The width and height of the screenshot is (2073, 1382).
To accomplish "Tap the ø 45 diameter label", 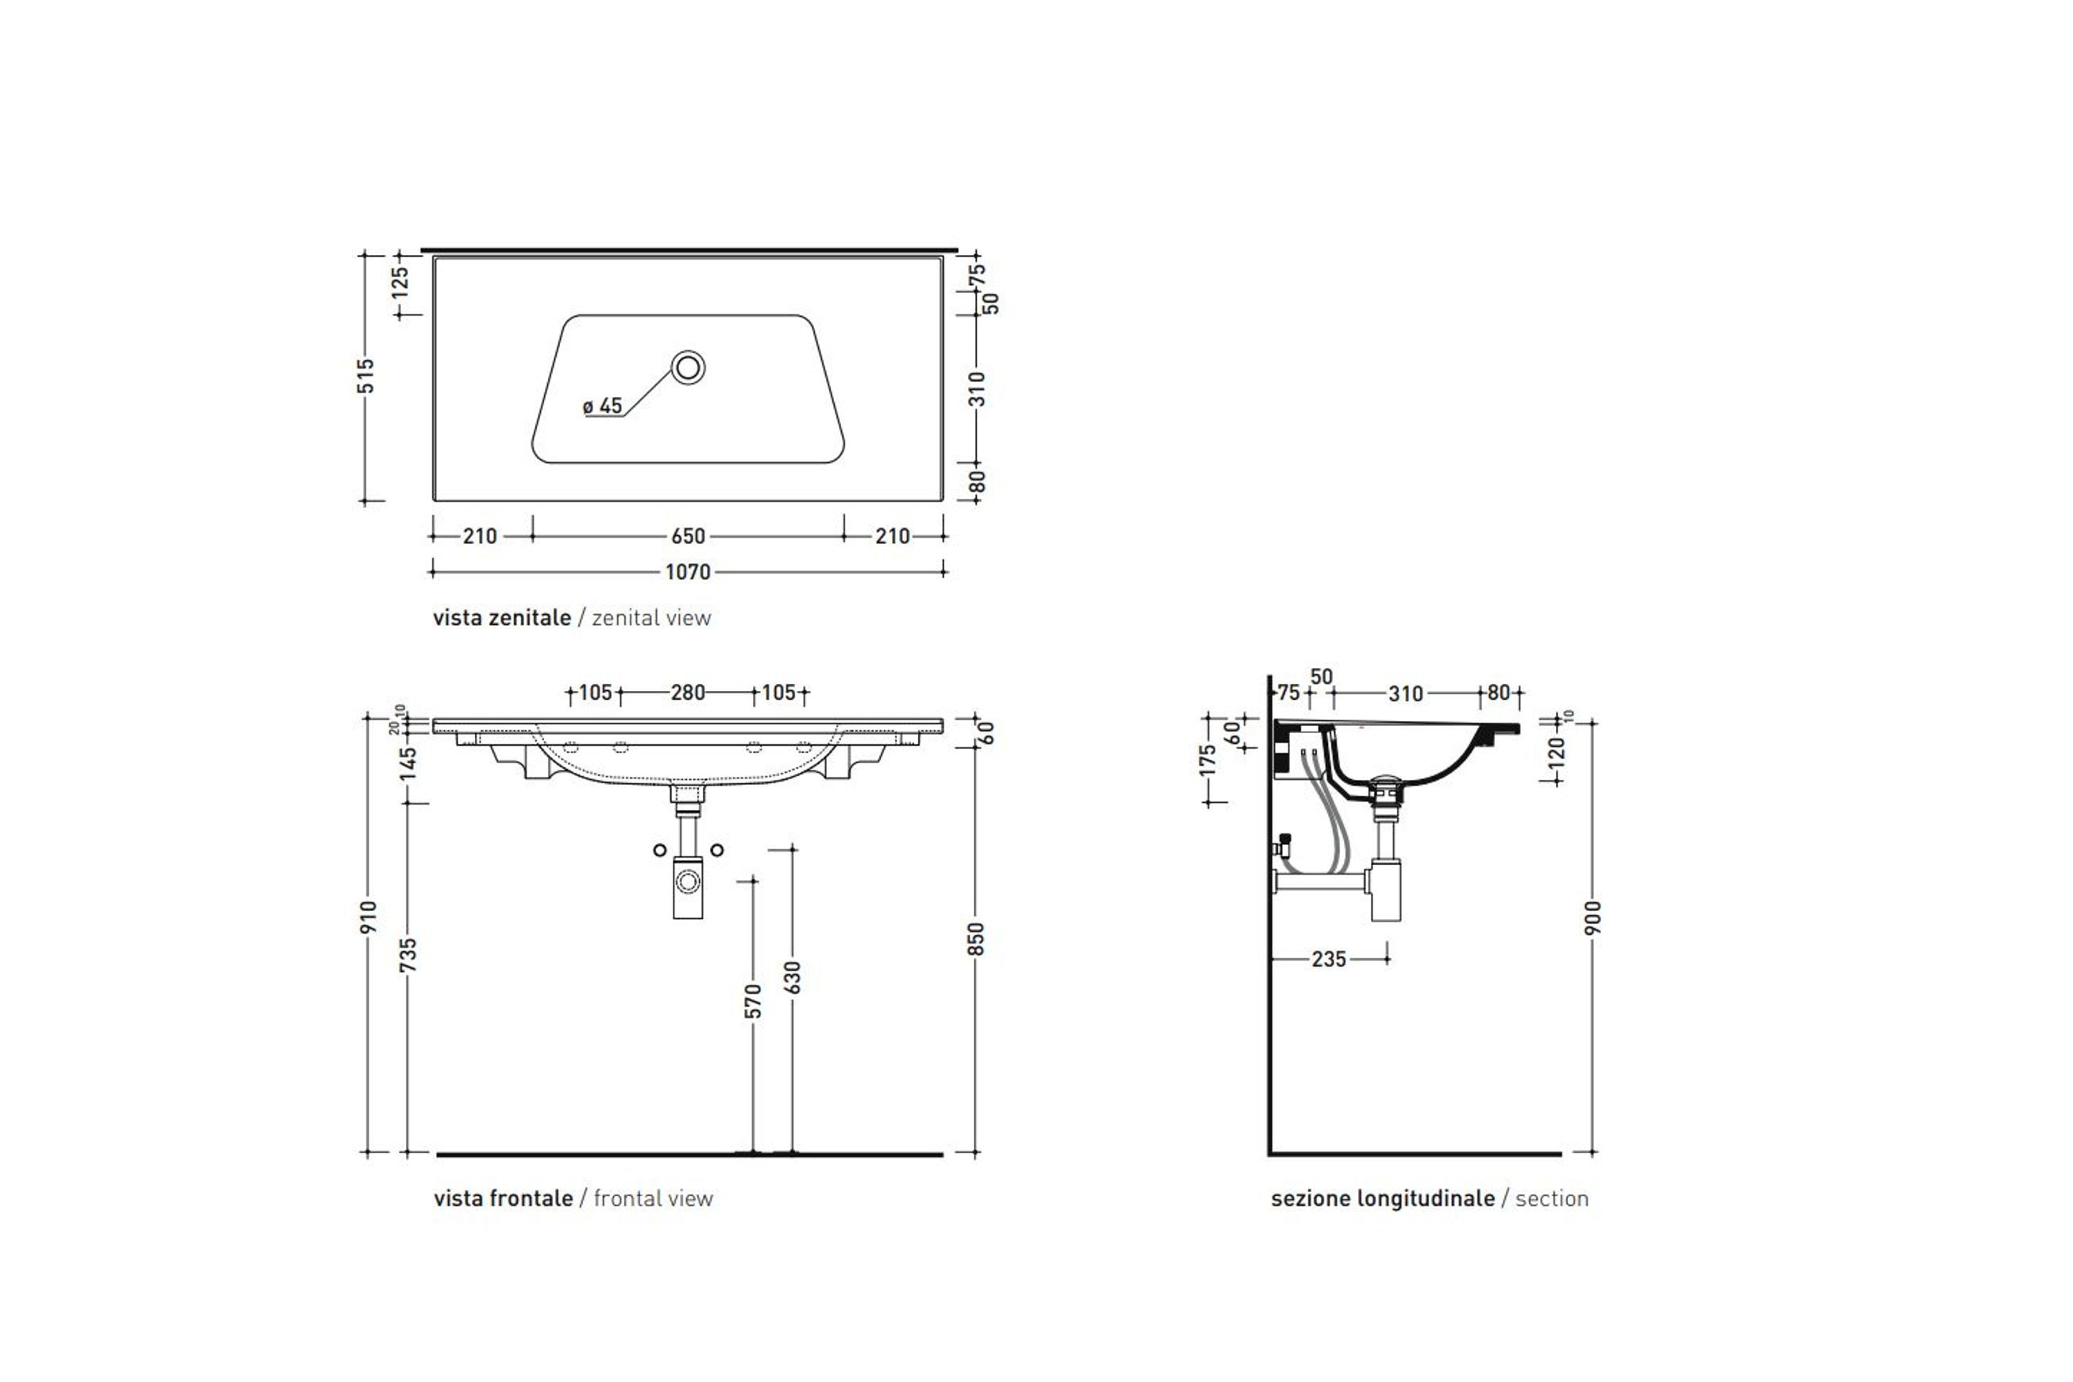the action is point(603,407).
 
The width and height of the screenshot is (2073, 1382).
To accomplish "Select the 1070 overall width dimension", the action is point(688,572).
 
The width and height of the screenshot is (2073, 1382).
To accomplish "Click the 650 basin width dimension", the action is point(688,536).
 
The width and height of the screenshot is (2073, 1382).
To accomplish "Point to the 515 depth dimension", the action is point(367,376).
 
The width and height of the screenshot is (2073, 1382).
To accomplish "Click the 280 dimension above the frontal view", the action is point(688,693).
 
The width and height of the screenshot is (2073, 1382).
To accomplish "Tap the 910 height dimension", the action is point(369,917).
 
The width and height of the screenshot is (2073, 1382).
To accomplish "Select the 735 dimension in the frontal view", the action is point(408,955).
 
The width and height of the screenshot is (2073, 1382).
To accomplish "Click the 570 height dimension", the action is point(753,1002).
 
